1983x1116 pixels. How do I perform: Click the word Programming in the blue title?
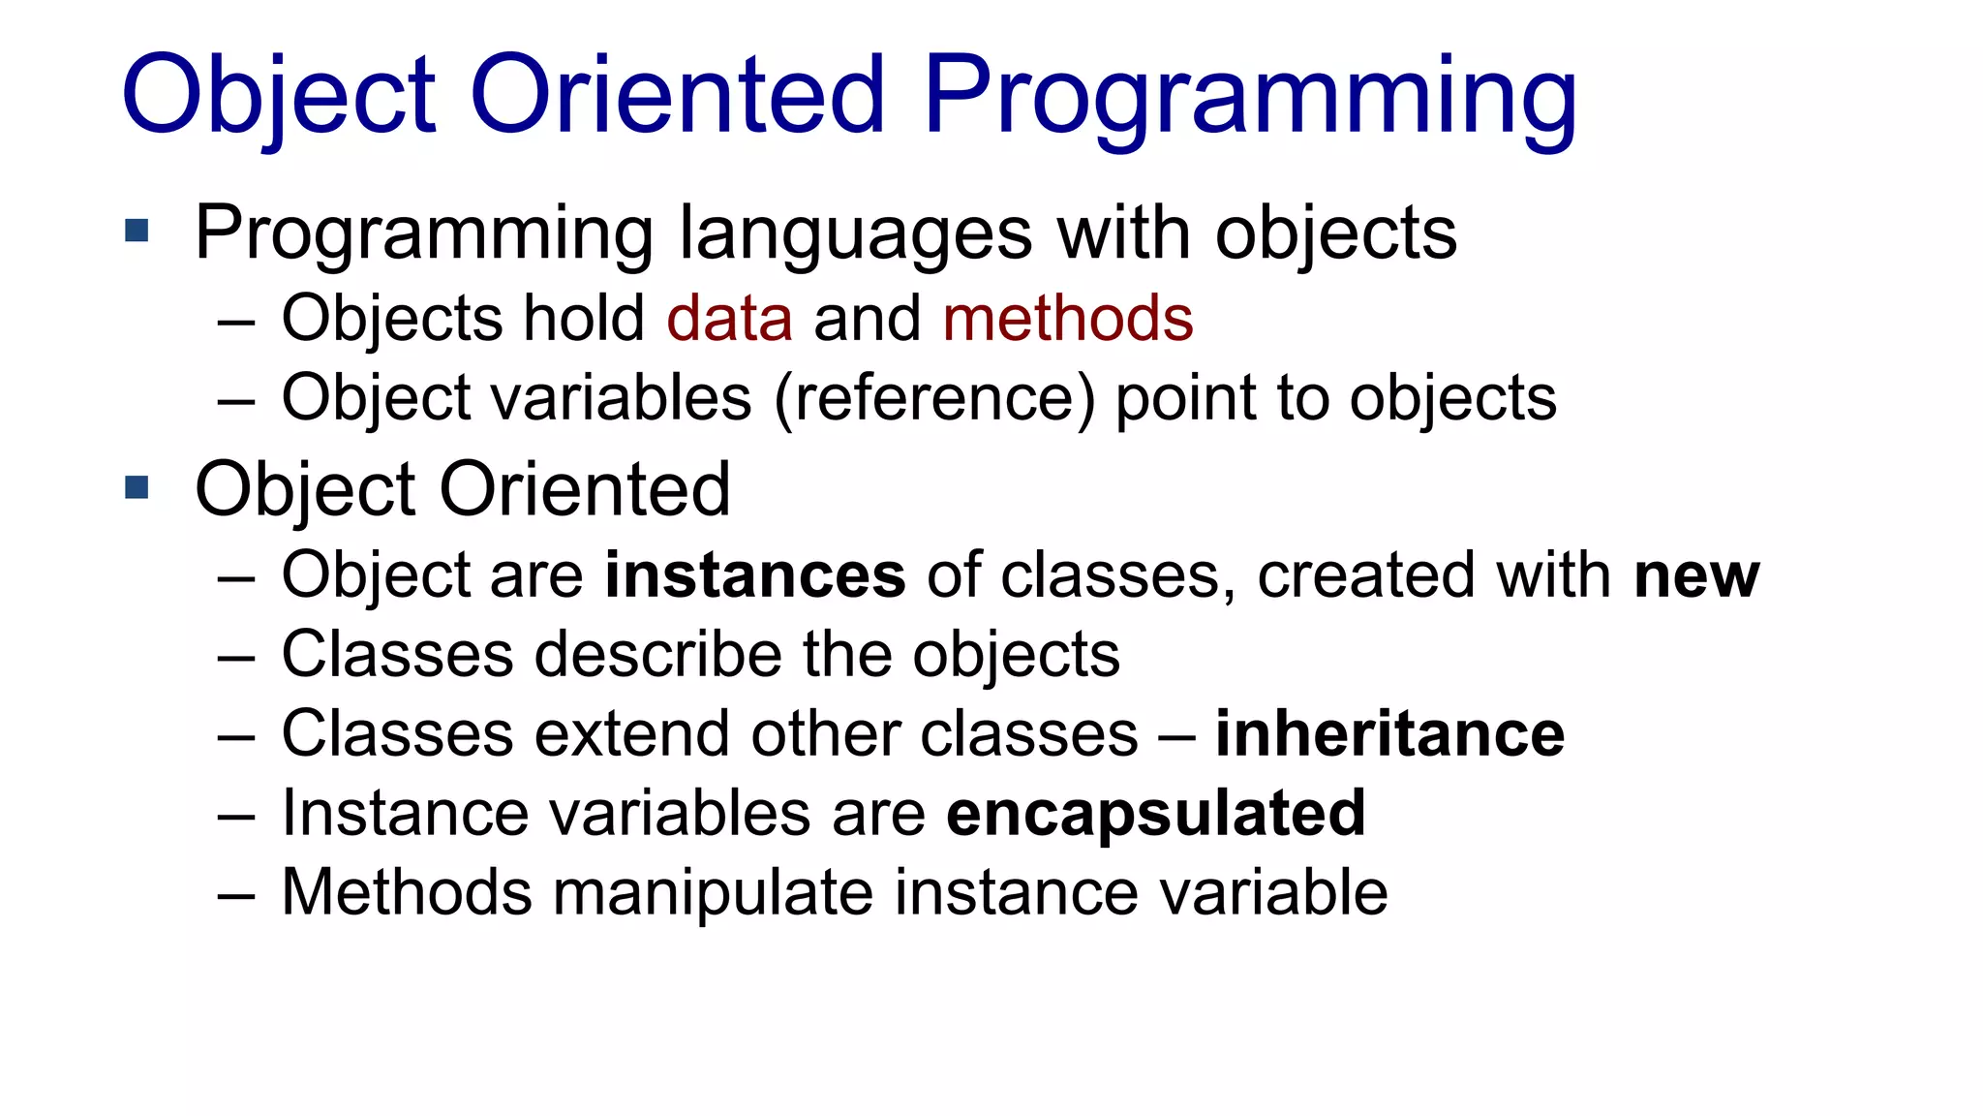[1249, 97]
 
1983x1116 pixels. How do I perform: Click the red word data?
[729, 319]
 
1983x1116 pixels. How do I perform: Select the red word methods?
[1067, 319]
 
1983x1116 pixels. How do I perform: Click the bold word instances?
[755, 575]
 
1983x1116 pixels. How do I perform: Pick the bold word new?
[1696, 575]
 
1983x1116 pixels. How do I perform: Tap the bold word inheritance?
[1389, 733]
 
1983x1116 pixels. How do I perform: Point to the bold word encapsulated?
[1156, 813]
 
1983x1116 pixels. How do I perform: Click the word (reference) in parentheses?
[934, 398]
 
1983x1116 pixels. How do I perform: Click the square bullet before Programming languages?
[137, 231]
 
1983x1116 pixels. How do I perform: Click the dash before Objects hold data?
[236, 321]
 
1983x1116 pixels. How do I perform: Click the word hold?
[584, 319]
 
